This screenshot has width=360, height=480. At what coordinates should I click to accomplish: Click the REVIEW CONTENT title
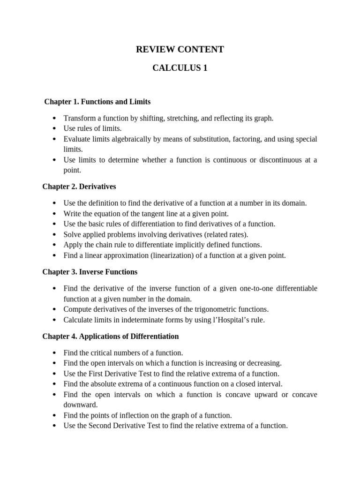tap(180, 50)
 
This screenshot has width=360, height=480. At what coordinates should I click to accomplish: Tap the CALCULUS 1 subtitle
tap(180, 68)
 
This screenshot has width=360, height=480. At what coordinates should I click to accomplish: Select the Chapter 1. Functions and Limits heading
tap(97, 102)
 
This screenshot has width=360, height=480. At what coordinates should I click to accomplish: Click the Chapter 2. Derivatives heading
tap(79, 187)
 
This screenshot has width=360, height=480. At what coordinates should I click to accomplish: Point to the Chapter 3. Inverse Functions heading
tap(90, 272)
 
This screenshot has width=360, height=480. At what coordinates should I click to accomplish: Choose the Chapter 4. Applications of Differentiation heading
tap(111, 337)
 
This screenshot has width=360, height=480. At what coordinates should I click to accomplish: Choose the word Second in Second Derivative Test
tap(101, 426)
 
